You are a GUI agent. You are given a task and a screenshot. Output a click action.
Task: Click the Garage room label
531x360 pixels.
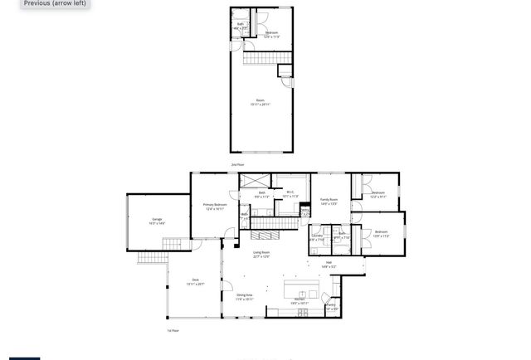click(157, 221)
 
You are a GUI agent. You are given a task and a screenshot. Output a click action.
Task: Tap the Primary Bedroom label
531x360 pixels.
click(215, 206)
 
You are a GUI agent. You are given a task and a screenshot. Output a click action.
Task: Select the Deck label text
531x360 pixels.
click(196, 281)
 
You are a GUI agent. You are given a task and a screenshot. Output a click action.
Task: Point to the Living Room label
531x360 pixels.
click(261, 254)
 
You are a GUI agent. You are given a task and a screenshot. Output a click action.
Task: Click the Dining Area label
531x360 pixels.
click(244, 296)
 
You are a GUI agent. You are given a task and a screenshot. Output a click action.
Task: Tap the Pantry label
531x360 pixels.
click(330, 306)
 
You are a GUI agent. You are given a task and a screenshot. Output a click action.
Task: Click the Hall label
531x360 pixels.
click(329, 265)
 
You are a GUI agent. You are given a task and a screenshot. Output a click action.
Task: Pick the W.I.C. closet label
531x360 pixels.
click(290, 194)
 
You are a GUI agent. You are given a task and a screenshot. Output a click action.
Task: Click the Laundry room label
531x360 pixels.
click(317, 237)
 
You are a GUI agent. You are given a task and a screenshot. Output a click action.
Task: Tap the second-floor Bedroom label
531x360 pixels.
click(271, 34)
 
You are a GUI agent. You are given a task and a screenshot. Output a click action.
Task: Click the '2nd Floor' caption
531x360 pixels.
click(237, 165)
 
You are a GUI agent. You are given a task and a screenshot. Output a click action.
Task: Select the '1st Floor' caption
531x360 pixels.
click(173, 330)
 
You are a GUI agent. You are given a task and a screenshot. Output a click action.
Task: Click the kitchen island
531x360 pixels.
click(301, 289)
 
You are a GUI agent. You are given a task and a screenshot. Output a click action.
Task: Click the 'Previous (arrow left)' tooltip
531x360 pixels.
click(55, 3)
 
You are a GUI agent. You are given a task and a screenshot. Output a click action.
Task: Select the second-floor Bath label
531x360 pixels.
click(241, 27)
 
